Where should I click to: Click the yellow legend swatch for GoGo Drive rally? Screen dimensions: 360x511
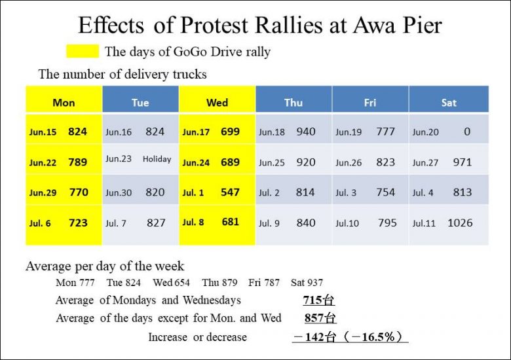point(83,51)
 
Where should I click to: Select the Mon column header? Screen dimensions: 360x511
point(64,102)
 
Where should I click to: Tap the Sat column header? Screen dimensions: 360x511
point(449,102)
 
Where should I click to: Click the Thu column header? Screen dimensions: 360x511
point(293,102)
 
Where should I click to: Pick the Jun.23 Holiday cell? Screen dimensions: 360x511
point(140,159)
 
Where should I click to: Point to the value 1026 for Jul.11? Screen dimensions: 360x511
point(460,223)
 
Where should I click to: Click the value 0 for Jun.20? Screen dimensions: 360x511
point(466,132)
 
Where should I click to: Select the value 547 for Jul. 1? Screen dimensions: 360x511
point(230,192)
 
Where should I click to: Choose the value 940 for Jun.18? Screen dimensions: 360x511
point(306,132)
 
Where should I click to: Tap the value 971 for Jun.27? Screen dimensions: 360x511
point(462,162)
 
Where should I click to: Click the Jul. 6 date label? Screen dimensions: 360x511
point(40,223)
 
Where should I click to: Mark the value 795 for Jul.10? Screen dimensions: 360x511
point(387,223)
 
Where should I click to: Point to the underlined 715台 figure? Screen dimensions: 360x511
point(319,301)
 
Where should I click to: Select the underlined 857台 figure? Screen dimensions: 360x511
point(320,319)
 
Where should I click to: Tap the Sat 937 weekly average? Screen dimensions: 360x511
point(307,283)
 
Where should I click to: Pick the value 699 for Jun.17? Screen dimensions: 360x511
point(230,132)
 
